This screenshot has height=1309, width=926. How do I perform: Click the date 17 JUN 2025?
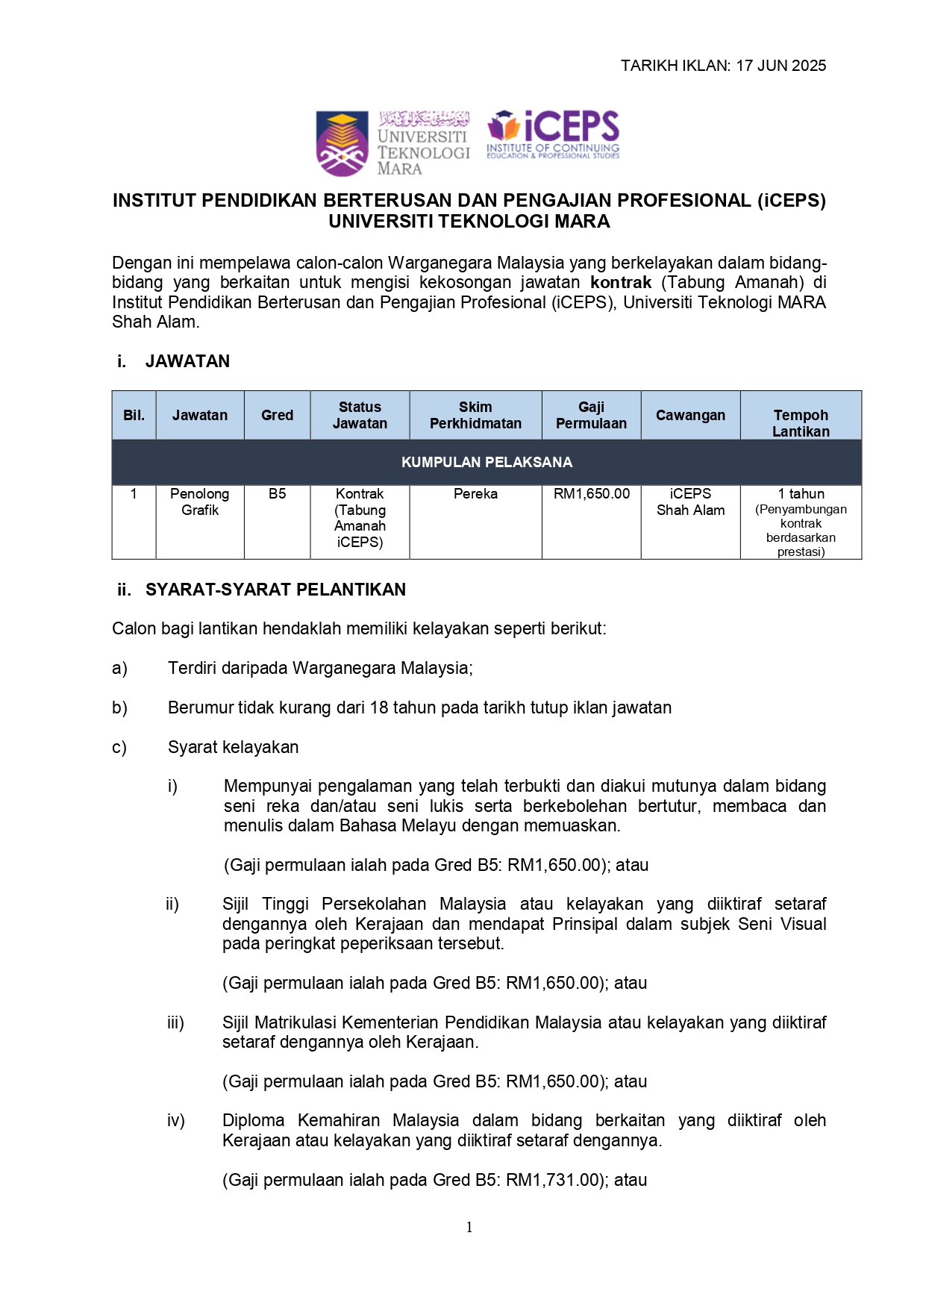[780, 66]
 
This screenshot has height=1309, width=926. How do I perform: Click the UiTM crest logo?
[342, 143]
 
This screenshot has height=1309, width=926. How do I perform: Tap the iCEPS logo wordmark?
[571, 126]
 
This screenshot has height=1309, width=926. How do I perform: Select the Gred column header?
[277, 416]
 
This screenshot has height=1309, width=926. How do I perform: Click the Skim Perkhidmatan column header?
[475, 416]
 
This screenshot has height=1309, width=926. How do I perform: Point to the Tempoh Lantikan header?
[801, 423]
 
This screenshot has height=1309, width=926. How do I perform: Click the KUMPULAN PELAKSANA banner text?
[487, 463]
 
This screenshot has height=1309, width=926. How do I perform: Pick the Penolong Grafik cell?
[200, 502]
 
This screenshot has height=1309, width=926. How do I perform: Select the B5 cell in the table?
[277, 494]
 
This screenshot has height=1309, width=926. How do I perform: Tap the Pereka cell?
[475, 494]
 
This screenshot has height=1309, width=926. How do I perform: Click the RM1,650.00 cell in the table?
[591, 494]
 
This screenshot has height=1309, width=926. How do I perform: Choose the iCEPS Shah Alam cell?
[690, 502]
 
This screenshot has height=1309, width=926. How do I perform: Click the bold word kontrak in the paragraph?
[621, 283]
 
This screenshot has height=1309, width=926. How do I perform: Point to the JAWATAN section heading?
[187, 361]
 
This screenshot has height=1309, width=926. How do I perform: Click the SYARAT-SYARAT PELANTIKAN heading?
[275, 590]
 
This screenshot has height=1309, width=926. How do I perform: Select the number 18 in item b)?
[379, 707]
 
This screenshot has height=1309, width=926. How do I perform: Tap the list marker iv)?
[176, 1120]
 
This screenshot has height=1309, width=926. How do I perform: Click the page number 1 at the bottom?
[469, 1227]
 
